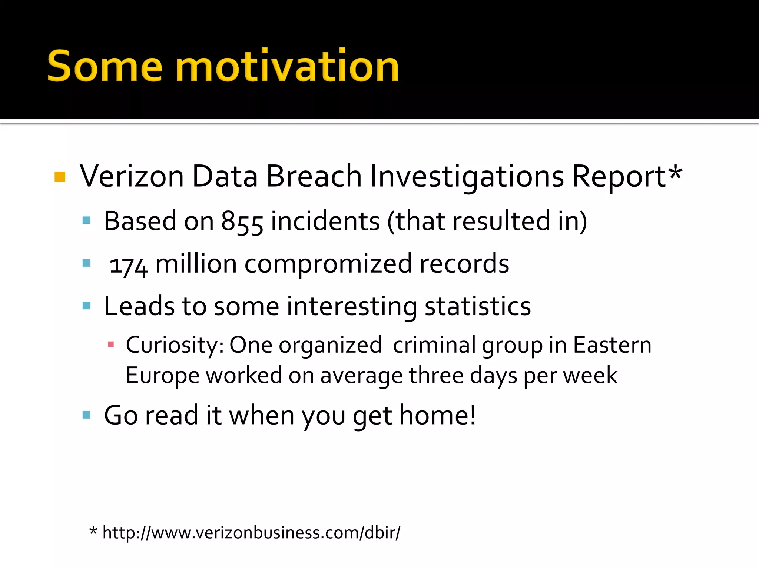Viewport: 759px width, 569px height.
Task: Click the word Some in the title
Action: click(x=105, y=67)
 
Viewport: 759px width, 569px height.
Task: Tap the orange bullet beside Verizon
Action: click(x=60, y=177)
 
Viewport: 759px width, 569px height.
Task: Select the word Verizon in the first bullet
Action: click(x=132, y=176)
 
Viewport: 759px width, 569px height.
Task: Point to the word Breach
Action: click(x=314, y=176)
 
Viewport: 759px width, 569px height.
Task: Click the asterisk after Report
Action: click(x=675, y=172)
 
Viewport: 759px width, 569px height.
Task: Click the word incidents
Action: click(x=325, y=222)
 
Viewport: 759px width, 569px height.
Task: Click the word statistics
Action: click(x=478, y=307)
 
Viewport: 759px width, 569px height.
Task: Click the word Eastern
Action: click(x=612, y=345)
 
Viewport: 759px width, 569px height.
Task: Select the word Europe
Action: click(x=162, y=376)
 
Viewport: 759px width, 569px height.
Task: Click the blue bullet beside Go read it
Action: click(x=87, y=415)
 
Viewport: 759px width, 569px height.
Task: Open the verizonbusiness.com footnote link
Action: click(x=251, y=533)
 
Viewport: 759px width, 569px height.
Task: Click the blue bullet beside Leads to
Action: click(x=87, y=306)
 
